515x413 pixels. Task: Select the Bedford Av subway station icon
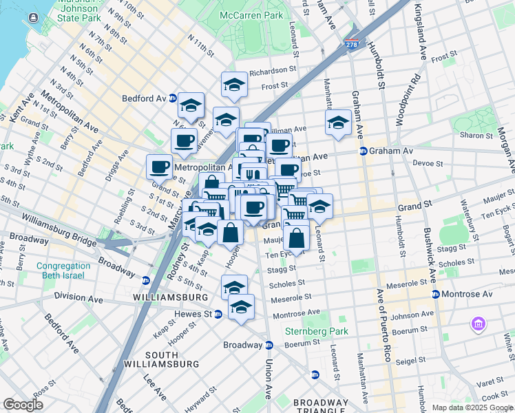pyautogui.click(x=173, y=98)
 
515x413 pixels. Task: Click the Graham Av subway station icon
pyautogui.click(x=362, y=151)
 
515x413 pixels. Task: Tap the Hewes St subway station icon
pyautogui.click(x=218, y=314)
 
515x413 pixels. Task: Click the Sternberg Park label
pyautogui.click(x=317, y=331)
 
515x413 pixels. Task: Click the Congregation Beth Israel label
pyautogui.click(x=61, y=271)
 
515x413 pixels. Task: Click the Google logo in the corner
pyautogui.click(x=23, y=405)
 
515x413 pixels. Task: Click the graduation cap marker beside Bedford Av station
pyautogui.click(x=191, y=106)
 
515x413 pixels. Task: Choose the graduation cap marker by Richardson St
pyautogui.click(x=234, y=85)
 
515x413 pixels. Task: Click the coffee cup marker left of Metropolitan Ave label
pyautogui.click(x=159, y=166)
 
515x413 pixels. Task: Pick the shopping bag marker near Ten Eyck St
pyautogui.click(x=296, y=239)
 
